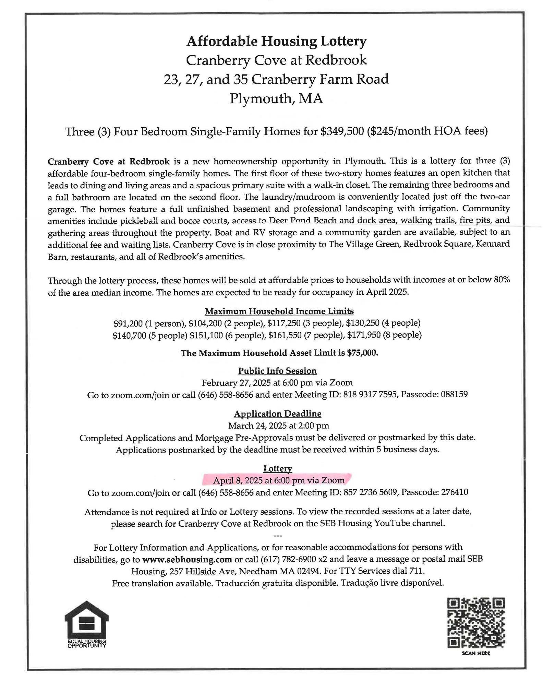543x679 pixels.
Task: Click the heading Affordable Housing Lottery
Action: click(x=276, y=42)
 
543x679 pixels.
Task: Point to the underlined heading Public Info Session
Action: click(x=277, y=371)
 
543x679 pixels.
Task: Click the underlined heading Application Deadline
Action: click(x=278, y=414)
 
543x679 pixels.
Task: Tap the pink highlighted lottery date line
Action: click(x=278, y=480)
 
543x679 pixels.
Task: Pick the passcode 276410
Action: click(x=454, y=492)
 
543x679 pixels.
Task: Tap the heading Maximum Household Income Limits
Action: click(x=279, y=311)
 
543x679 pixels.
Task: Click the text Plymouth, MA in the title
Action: click(x=276, y=99)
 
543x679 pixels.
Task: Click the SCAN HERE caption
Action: click(x=476, y=654)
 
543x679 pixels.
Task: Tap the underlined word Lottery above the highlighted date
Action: click(x=278, y=468)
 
